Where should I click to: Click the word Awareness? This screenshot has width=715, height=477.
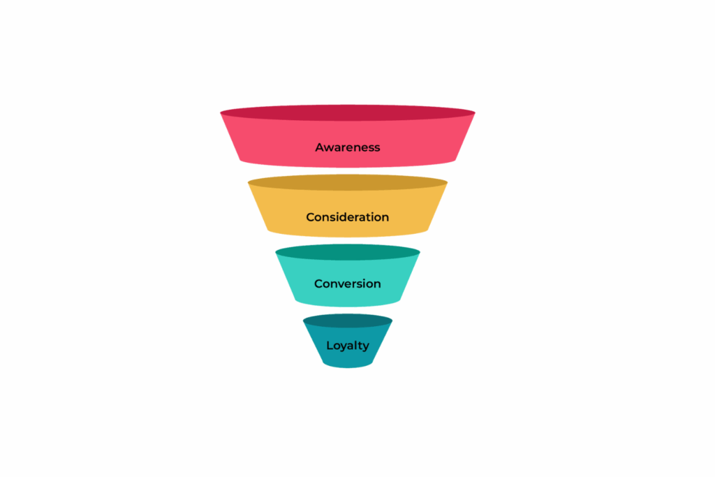[x=348, y=147]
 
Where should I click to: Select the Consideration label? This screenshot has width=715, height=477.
[x=348, y=217]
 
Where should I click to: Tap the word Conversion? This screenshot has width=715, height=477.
[x=348, y=284]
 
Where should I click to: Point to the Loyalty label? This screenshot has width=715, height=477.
[x=348, y=346]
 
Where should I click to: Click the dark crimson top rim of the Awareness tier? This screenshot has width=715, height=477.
[x=348, y=113]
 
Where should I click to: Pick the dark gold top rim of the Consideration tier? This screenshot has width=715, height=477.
[x=348, y=183]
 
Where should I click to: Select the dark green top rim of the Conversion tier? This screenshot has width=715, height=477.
[x=348, y=252]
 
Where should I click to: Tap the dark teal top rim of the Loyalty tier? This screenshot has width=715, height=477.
[x=348, y=321]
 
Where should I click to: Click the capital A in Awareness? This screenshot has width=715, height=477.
[x=320, y=147]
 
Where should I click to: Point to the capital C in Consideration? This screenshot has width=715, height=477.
[x=311, y=217]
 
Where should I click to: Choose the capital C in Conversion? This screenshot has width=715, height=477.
[x=318, y=284]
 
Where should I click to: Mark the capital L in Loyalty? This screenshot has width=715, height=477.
[x=330, y=345]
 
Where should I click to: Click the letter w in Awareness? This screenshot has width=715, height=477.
[x=330, y=148]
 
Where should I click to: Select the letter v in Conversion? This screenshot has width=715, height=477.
[x=341, y=284]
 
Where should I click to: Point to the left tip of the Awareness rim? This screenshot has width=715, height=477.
[x=220, y=112]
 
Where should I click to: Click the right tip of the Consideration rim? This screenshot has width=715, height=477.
[x=448, y=182]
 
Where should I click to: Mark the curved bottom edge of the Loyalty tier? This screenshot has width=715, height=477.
[x=348, y=366]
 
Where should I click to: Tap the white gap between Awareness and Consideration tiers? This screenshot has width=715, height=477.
[x=348, y=171]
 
